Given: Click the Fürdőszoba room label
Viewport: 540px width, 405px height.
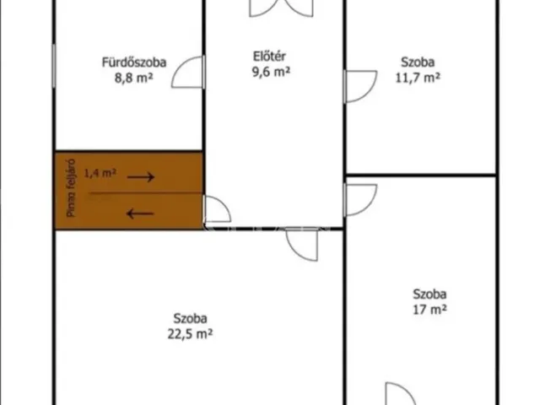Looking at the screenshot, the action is click(134, 62).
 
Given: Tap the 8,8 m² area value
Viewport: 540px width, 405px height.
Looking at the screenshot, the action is click(133, 78).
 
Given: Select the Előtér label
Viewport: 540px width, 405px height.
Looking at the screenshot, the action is click(269, 57).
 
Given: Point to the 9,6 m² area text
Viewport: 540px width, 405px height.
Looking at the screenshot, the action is click(271, 72).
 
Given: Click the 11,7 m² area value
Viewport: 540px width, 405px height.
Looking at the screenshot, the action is click(418, 78).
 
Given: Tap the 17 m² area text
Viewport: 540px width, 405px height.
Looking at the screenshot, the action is click(429, 310).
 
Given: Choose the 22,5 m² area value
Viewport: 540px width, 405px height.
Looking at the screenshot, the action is click(190, 334).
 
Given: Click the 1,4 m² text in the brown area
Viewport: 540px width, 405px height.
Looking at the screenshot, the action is click(100, 172).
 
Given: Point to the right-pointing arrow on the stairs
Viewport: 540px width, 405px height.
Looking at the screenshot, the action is click(141, 177).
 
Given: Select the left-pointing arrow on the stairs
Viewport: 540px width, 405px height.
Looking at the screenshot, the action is click(140, 213).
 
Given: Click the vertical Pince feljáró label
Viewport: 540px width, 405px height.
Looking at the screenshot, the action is click(71, 188).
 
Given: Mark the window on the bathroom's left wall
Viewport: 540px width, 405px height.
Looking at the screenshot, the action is click(54, 66).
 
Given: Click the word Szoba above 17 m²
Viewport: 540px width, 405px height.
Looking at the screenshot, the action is click(429, 294).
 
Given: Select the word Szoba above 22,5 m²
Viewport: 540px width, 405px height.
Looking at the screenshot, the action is click(190, 318).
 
